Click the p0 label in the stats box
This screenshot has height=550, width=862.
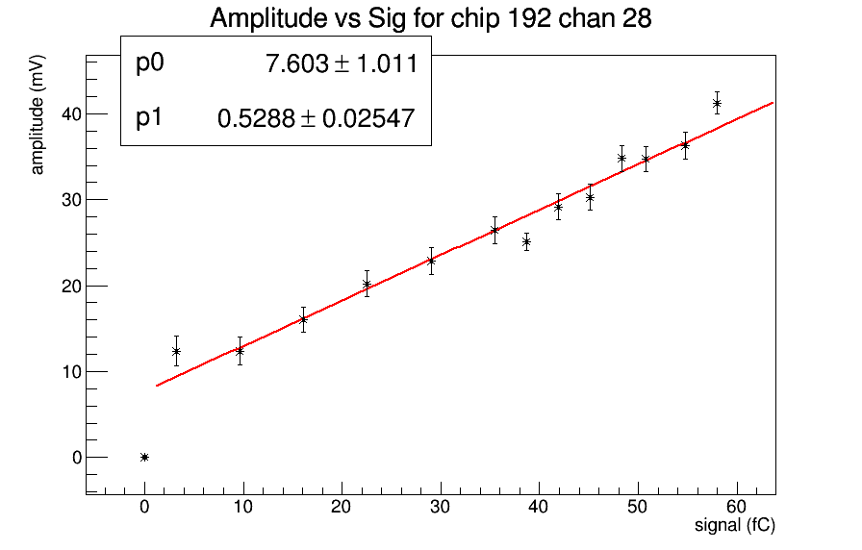coord(151,63)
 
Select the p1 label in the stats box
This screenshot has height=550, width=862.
coord(150,118)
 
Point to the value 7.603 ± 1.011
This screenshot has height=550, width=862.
coord(341,64)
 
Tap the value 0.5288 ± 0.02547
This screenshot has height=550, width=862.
coord(317,119)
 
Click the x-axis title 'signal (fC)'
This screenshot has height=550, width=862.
coord(734,526)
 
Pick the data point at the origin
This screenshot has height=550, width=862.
coord(144,457)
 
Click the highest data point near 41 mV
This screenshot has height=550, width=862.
coord(717,103)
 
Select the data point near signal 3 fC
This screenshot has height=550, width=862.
coord(176,351)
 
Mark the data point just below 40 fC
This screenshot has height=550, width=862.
coord(526,241)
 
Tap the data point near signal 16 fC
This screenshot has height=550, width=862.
coord(303,319)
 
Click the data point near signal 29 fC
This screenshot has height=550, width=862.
coord(431,261)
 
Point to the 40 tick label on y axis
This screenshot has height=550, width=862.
coord(69,113)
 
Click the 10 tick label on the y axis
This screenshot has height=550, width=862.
coord(69,371)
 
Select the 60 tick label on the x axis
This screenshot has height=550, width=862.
coord(735,507)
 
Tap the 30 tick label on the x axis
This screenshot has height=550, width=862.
coord(440,507)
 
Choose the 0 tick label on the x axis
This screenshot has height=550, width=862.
coord(144,507)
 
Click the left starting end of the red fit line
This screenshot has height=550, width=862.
coord(156,386)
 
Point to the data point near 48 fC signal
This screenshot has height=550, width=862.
coord(621,158)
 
